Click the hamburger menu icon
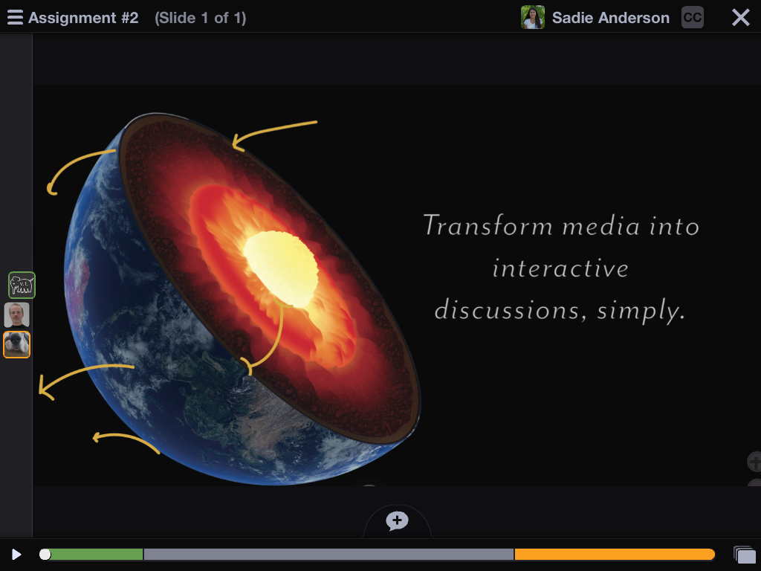click(15, 18)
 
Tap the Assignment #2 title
click(83, 18)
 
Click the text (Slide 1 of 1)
click(201, 18)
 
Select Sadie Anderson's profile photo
click(532, 18)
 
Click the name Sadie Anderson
click(611, 18)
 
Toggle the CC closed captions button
click(692, 18)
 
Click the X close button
click(741, 18)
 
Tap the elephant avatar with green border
click(22, 285)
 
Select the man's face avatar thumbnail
click(17, 315)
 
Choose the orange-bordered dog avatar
click(17, 345)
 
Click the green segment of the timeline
click(96, 555)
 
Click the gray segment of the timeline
click(328, 555)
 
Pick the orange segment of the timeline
click(615, 555)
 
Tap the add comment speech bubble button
click(397, 521)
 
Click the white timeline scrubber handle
click(45, 555)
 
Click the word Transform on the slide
click(488, 226)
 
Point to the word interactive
click(560, 268)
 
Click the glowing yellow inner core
click(280, 268)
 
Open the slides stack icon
click(745, 555)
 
